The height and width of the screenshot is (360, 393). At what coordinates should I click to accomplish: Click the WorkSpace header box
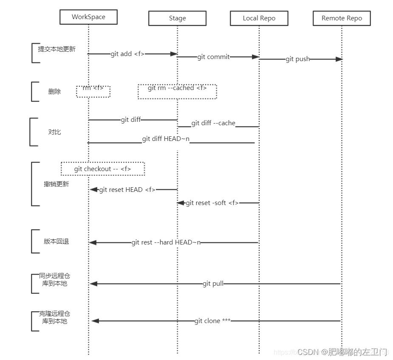[88, 17]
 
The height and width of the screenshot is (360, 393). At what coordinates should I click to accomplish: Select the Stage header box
[177, 18]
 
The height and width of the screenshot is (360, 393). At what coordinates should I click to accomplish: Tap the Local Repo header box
[259, 18]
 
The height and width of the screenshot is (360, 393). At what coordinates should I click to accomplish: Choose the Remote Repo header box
[342, 18]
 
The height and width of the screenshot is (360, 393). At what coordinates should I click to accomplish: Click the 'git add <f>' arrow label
[127, 54]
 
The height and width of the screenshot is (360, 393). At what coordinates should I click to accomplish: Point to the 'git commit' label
[213, 57]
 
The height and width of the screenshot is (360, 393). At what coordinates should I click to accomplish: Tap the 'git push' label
[297, 59]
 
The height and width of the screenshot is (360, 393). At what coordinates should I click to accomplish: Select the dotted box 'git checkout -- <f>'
[103, 169]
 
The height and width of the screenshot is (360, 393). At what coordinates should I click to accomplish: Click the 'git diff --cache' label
[213, 123]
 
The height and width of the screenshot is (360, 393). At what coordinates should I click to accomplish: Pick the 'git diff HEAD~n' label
[166, 139]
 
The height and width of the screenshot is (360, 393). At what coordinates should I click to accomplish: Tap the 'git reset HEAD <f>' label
[127, 190]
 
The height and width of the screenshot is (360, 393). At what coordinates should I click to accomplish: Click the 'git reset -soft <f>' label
[212, 203]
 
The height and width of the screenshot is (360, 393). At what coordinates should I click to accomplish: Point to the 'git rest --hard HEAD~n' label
[166, 242]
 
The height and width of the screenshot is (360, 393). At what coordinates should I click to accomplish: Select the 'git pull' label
[213, 284]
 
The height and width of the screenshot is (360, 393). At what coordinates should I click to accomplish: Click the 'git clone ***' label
[212, 321]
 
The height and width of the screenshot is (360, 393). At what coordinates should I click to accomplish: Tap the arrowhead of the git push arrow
[339, 59]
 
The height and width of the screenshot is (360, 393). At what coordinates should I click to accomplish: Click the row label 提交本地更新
[57, 49]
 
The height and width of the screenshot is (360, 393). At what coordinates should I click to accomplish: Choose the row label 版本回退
[56, 242]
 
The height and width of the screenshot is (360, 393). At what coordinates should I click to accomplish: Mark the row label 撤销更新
[56, 184]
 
